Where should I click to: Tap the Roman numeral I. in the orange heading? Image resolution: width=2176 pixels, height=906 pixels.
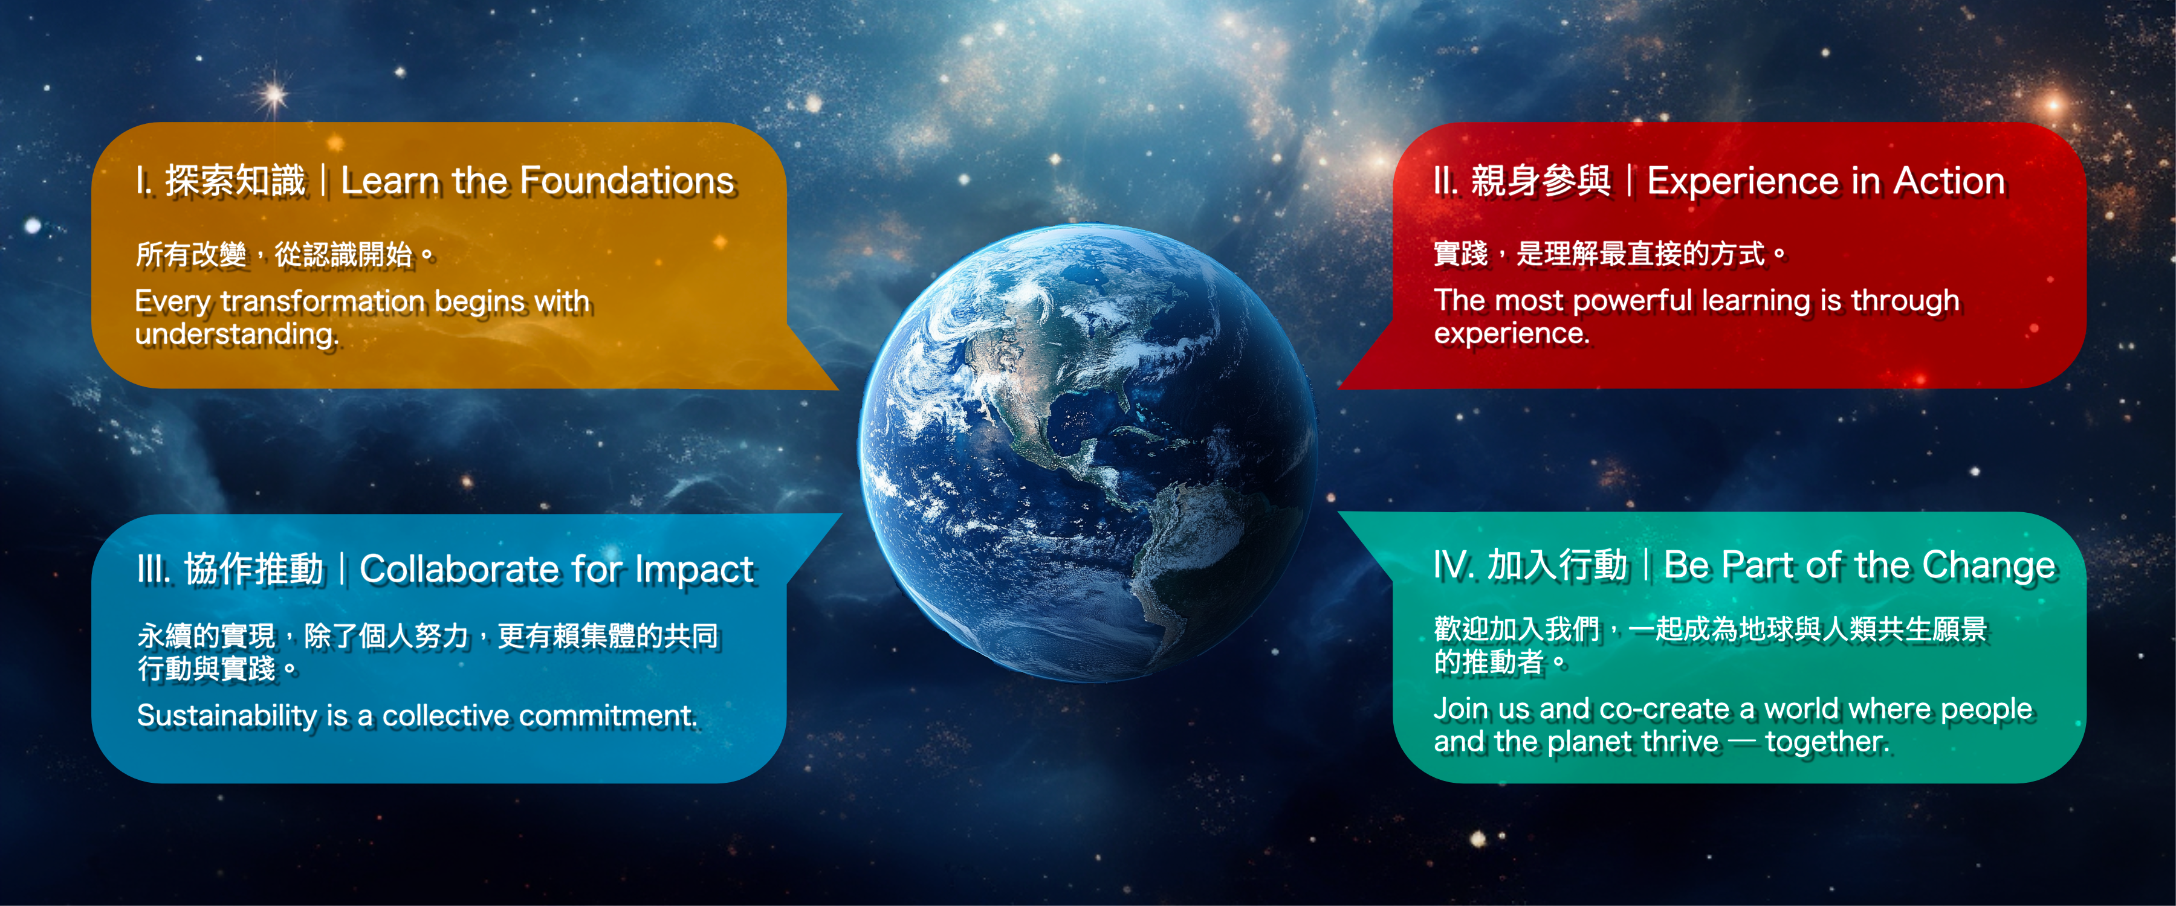(x=144, y=181)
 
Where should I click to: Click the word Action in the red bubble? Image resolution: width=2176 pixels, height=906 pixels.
(x=1949, y=181)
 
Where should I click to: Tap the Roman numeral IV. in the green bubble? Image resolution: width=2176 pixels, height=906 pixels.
(x=1454, y=565)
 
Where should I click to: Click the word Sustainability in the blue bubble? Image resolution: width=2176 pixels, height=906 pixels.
(x=227, y=716)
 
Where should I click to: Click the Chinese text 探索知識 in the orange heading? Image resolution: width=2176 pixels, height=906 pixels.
(x=235, y=181)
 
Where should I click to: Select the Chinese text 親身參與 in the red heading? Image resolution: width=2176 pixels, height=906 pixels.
(x=1541, y=181)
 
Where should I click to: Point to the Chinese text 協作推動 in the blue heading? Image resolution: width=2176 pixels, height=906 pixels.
(x=253, y=569)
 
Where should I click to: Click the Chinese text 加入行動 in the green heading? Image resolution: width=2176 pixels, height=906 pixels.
(x=1557, y=565)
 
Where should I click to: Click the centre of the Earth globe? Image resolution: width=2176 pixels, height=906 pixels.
(x=1088, y=452)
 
